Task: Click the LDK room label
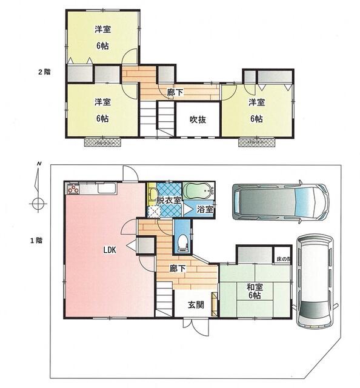110,249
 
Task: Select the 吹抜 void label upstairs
198,119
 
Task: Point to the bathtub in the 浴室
197,192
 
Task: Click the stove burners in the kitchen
73,190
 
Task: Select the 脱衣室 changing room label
168,200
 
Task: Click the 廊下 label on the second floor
175,92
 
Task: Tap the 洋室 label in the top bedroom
102,29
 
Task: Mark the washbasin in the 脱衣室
152,195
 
